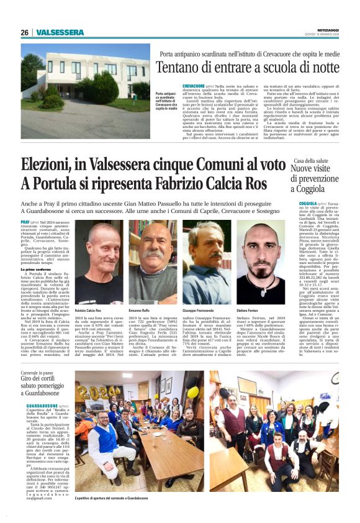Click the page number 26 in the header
24,32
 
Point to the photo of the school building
85,91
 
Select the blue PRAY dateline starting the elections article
25,222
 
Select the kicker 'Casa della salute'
312,161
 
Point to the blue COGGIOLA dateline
308,203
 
